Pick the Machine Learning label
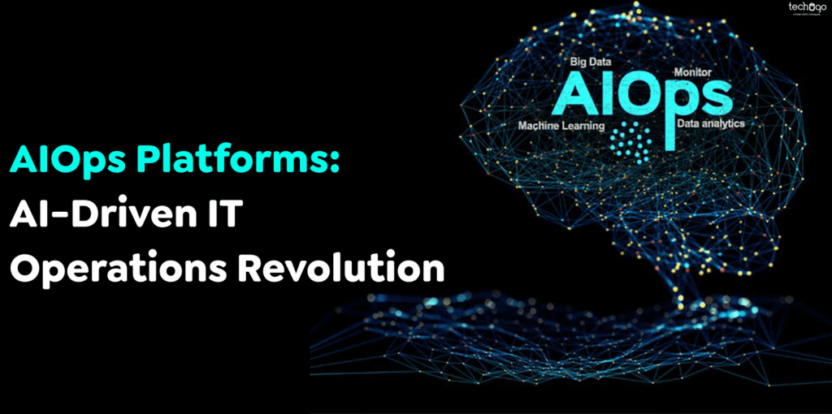[561, 126]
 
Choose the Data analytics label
[710, 124]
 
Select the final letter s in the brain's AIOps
[713, 97]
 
